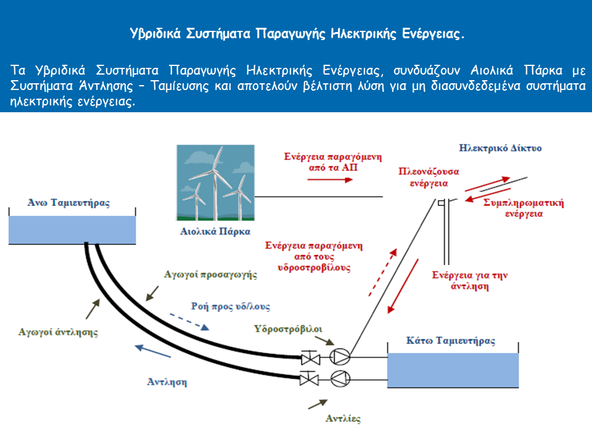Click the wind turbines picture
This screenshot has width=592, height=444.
pos(216,183)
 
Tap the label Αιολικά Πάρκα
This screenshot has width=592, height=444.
pos(215,231)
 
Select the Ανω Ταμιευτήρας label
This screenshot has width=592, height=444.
pos(68,203)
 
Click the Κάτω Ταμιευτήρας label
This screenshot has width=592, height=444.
pos(451,340)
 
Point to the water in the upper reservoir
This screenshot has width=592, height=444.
pos(72,229)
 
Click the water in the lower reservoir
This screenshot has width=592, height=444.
pos(453,370)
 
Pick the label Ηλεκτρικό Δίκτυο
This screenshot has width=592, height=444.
pos(500,148)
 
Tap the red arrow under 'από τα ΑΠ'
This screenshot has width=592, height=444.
pos(330,179)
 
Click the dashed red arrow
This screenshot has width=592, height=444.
pos(383,272)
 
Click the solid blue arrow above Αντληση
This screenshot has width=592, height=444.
pos(153,351)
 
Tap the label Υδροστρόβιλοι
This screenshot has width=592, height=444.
pos(288,329)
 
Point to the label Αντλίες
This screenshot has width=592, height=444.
pos(343,418)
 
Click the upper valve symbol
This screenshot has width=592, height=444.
pos(310,358)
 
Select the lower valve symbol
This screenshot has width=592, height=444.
pos(309,378)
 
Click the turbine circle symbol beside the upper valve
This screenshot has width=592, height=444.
pos(340,357)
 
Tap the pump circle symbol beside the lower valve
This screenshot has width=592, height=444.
pos(340,379)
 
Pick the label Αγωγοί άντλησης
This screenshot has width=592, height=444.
pos(58,332)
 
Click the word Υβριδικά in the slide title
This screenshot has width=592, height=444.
pos(155,33)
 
